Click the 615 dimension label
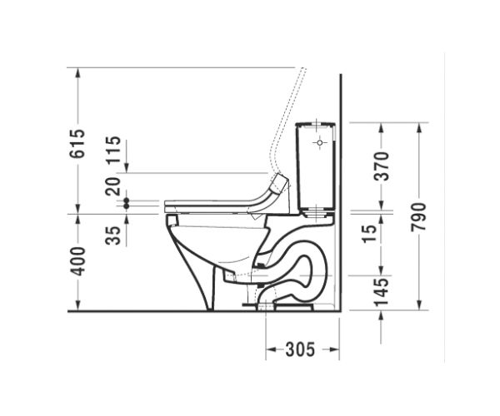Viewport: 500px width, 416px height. coord(77,144)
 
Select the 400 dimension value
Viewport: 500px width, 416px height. coord(77,261)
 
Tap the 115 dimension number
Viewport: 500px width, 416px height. coord(113,150)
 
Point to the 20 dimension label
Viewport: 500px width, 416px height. coord(113,186)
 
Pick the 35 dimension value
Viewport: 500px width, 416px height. coord(113,235)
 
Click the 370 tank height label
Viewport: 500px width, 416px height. coord(382,166)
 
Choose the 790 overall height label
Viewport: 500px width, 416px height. coord(418,217)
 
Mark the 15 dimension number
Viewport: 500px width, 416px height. coord(370,234)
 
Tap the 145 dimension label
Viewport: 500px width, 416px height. coord(382,292)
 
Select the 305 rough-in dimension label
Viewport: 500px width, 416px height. coord(300,349)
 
